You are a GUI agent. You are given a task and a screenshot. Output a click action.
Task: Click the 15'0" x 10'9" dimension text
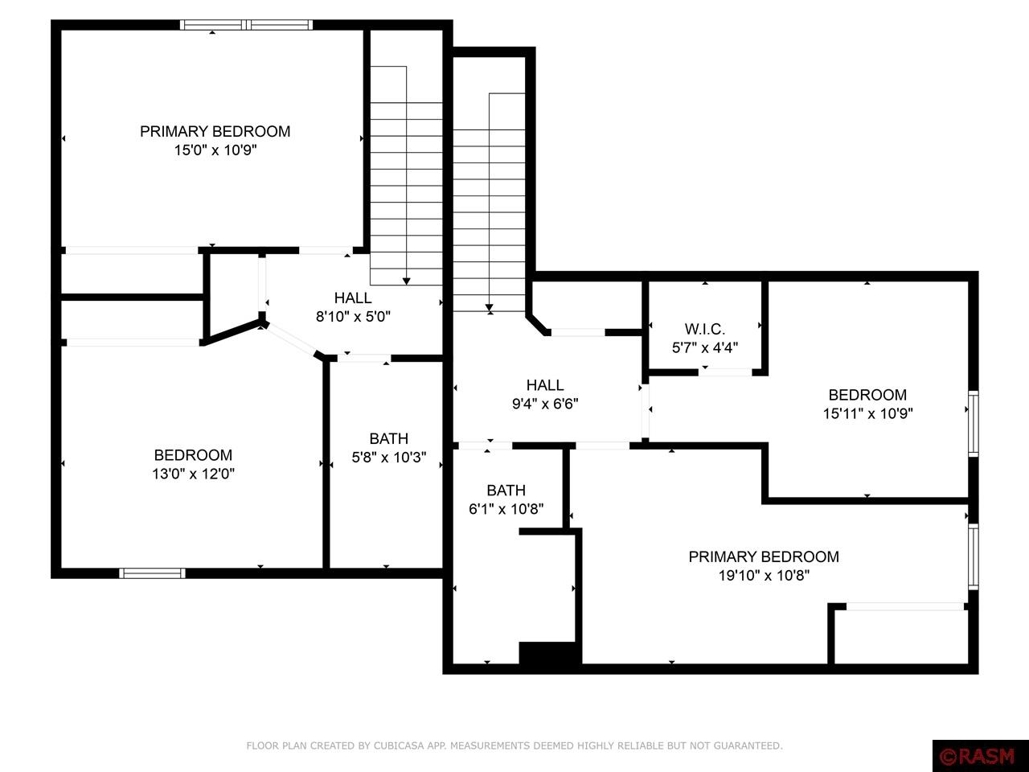click(x=215, y=150)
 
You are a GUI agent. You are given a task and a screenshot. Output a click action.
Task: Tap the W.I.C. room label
click(x=705, y=329)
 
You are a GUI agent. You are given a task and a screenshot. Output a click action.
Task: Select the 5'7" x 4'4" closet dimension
click(x=705, y=347)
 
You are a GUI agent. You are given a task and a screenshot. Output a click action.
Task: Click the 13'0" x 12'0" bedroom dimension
click(x=193, y=474)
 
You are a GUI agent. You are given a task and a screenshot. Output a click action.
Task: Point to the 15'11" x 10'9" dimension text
click(x=867, y=413)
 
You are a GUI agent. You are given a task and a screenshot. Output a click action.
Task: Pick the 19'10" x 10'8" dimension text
click(x=764, y=575)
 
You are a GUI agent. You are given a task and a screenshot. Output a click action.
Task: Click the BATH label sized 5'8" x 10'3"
click(x=388, y=438)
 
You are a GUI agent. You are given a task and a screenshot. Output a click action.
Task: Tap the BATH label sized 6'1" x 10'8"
click(x=506, y=490)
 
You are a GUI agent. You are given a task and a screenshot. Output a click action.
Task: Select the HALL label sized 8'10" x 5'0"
click(x=353, y=298)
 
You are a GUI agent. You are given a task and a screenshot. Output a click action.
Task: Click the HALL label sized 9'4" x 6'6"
click(x=545, y=385)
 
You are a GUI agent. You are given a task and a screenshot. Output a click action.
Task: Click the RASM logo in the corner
click(x=980, y=756)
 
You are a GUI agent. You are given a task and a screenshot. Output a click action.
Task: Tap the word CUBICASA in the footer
click(x=397, y=746)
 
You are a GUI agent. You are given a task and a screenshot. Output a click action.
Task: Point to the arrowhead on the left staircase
click(x=407, y=281)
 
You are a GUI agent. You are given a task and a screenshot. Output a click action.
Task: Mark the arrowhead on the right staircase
click(x=489, y=307)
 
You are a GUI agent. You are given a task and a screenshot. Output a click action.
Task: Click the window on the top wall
click(x=246, y=25)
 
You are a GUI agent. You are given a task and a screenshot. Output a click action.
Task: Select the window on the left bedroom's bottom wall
click(x=152, y=573)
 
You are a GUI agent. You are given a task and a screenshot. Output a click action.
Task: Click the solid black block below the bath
click(x=550, y=653)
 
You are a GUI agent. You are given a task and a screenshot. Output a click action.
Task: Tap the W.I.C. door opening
click(x=725, y=372)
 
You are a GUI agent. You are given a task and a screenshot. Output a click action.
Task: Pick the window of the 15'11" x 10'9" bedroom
click(x=973, y=424)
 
